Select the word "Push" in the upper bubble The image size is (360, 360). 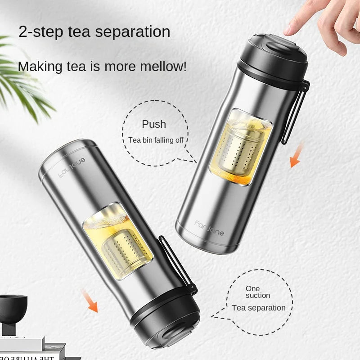154,124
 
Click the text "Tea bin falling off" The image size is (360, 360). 156,140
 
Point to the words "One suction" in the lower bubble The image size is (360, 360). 258,292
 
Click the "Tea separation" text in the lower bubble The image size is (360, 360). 259,308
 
